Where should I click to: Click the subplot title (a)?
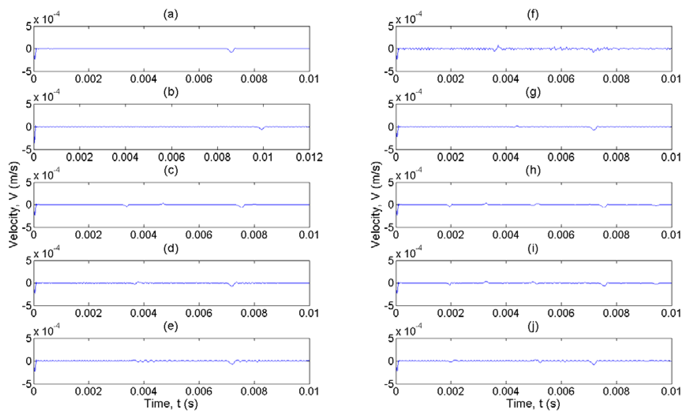tap(170, 14)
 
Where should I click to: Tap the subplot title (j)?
tap(533, 327)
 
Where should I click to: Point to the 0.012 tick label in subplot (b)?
tap(309, 157)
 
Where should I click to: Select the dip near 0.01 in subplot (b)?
tap(262, 129)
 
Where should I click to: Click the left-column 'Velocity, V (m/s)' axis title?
tap(13, 205)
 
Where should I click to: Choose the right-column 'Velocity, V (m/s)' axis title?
tap(376, 205)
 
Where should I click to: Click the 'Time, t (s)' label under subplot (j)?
tap(533, 404)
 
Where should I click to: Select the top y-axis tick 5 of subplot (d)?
tap(29, 261)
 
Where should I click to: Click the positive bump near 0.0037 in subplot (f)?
tap(498, 46)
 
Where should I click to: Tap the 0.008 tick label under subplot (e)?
tap(254, 391)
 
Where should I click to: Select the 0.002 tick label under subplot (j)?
tap(451, 391)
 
